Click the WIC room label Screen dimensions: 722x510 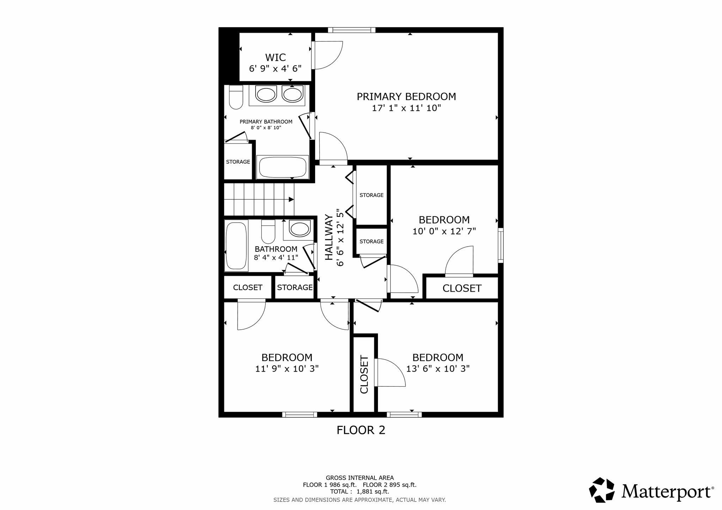pyautogui.click(x=275, y=57)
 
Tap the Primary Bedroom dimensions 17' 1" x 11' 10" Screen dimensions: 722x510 pyautogui.click(x=406, y=108)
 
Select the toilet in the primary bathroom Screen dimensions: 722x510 pyautogui.click(x=236, y=97)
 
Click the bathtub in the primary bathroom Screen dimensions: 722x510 pyautogui.click(x=283, y=167)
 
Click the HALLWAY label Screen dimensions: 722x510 pyautogui.click(x=329, y=237)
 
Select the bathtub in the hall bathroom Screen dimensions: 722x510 pyautogui.click(x=236, y=245)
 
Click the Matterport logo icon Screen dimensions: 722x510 pyautogui.click(x=602, y=490)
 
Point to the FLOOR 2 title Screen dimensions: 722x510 pyautogui.click(x=361, y=430)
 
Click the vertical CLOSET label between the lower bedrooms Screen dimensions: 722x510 pyautogui.click(x=364, y=374)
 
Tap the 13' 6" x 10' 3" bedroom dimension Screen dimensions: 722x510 pyautogui.click(x=438, y=369)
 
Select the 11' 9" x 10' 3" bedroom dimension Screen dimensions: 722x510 pyautogui.click(x=287, y=369)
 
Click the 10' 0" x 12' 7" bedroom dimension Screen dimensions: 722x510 pyautogui.click(x=444, y=231)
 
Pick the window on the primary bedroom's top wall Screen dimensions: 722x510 pyautogui.click(x=351, y=30)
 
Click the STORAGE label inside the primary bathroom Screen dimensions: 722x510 pyautogui.click(x=238, y=162)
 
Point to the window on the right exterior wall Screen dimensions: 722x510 pyautogui.click(x=501, y=245)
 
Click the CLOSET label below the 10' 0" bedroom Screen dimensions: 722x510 pyautogui.click(x=462, y=288)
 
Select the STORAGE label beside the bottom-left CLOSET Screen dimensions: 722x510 pyautogui.click(x=295, y=287)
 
